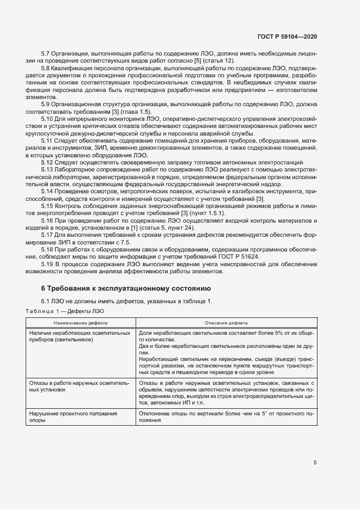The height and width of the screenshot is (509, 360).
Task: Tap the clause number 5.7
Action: click(x=46, y=53)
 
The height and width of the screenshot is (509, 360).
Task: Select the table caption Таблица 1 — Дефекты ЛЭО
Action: click(x=64, y=311)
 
